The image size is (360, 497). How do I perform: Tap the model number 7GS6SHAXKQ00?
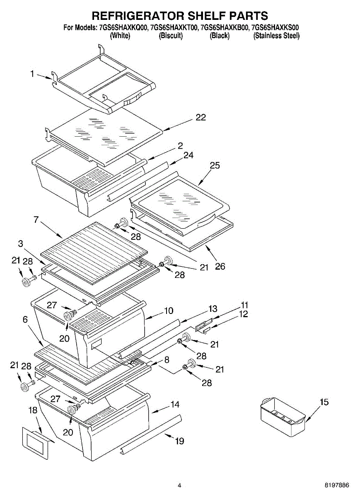tap(123, 28)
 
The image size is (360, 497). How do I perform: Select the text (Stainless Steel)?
tap(276, 36)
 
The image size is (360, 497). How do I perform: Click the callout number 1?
tap(32, 74)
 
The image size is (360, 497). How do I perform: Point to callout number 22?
tap(201, 118)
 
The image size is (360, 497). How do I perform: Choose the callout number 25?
tap(215, 165)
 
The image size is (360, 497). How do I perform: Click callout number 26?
tap(220, 266)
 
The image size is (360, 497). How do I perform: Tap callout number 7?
tap(36, 220)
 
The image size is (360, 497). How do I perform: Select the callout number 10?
tap(169, 310)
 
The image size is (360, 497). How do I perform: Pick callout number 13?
tap(213, 309)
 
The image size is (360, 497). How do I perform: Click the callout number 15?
tap(324, 402)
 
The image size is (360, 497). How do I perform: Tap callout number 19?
tap(179, 441)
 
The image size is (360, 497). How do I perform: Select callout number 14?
tap(175, 404)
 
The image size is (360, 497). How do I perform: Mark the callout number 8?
tap(167, 360)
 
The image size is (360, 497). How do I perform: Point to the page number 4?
tap(179, 485)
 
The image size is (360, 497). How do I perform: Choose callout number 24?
tap(188, 155)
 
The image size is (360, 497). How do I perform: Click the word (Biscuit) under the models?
tap(171, 36)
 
